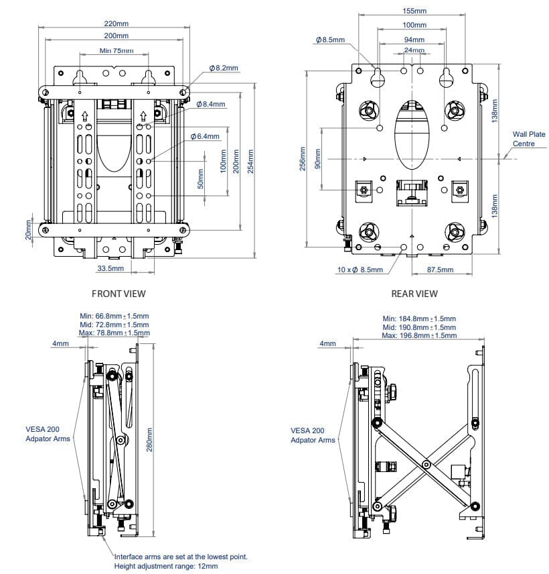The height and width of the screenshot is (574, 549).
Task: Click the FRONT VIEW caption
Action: click(119, 293)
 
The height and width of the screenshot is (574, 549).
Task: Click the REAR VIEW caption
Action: click(414, 293)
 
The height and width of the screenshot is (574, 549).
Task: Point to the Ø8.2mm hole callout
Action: click(224, 68)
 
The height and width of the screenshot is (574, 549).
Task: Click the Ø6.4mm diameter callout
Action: click(205, 136)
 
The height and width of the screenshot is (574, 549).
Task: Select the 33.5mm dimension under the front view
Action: click(110, 268)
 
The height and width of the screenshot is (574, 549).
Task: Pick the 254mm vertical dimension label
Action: click(251, 162)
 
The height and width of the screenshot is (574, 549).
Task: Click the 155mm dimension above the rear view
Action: click(414, 11)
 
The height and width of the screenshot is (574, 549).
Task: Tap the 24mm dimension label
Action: click(414, 50)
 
